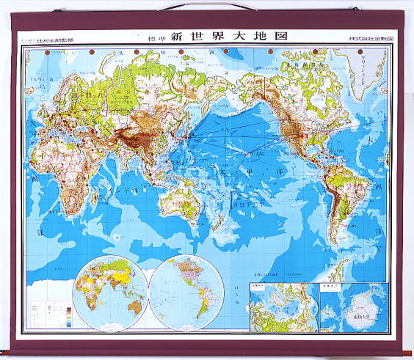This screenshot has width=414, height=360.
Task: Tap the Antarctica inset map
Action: (x=353, y=307)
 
